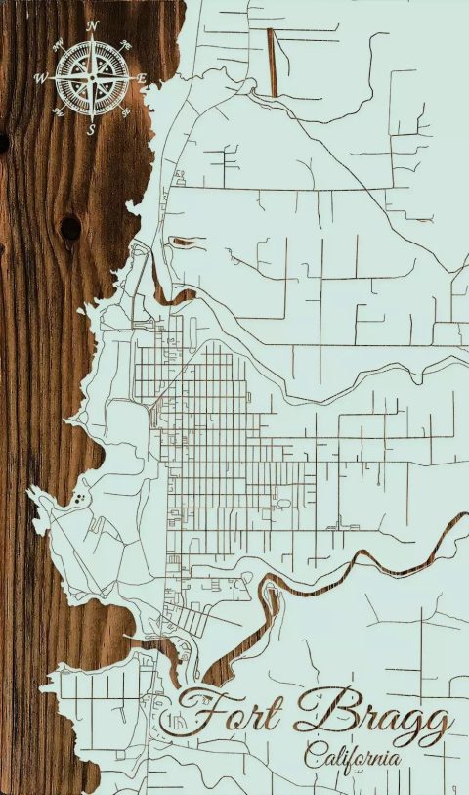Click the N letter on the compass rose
click(x=92, y=25)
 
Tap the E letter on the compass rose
click(x=142, y=78)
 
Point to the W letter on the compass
click(x=40, y=77)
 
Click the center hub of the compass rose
click(x=92, y=76)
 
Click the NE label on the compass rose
click(x=127, y=44)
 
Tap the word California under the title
click(x=353, y=756)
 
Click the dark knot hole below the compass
click(x=70, y=228)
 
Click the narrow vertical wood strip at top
click(x=272, y=62)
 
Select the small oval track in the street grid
click(x=284, y=504)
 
